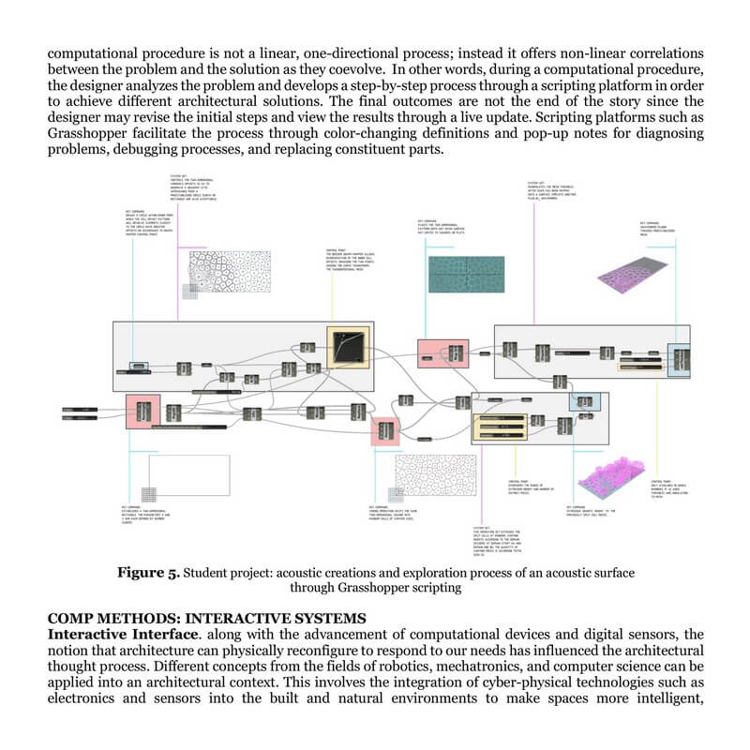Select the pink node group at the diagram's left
[x=143, y=412]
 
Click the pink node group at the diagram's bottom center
[x=385, y=432]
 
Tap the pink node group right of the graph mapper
[x=435, y=352]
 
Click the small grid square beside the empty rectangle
[x=147, y=494]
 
